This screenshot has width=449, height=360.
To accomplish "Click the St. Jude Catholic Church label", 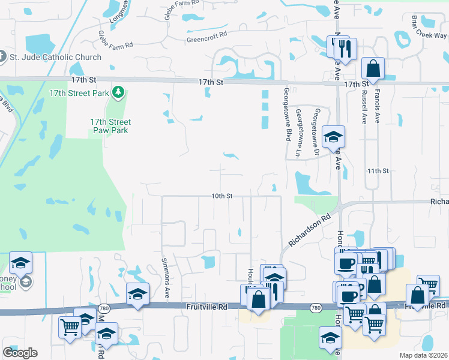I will (55, 58).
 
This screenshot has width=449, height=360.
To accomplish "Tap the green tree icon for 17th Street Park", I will (119, 92).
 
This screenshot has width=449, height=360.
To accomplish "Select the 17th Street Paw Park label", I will (110, 126).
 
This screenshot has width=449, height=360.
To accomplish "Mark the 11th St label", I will (379, 171).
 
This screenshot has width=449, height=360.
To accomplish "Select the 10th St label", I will (221, 196).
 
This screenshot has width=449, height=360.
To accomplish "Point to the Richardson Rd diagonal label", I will (310, 232).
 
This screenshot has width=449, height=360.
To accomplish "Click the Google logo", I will (20, 353).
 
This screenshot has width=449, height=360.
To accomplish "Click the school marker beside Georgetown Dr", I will (333, 137).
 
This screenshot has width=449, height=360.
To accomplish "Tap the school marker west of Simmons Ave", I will (138, 294).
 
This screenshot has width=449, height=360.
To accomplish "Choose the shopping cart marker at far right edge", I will (429, 286).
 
